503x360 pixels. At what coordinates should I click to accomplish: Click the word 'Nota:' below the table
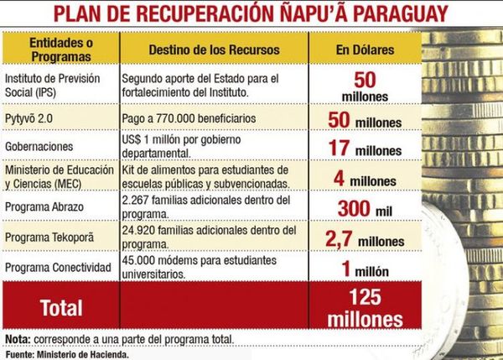(16, 339)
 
